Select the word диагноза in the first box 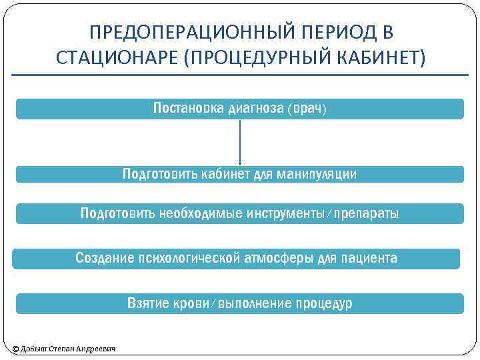click(256, 108)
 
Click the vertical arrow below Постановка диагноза click(240, 143)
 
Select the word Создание click(103, 258)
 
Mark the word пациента click(369, 258)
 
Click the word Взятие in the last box click(148, 304)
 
